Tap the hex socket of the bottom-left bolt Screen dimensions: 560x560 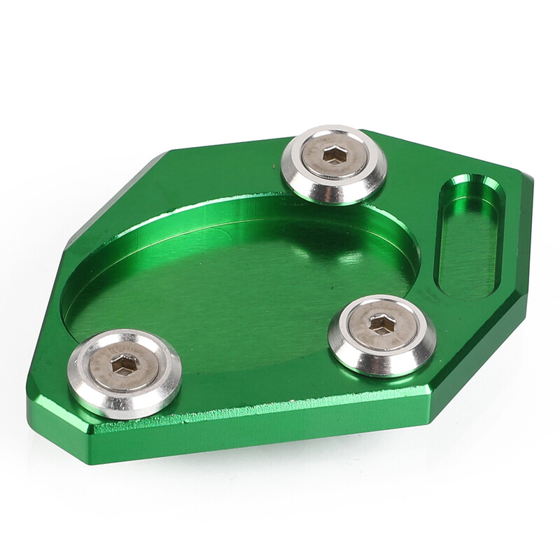click(x=125, y=365)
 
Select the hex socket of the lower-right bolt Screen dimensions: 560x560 click(x=381, y=325)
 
